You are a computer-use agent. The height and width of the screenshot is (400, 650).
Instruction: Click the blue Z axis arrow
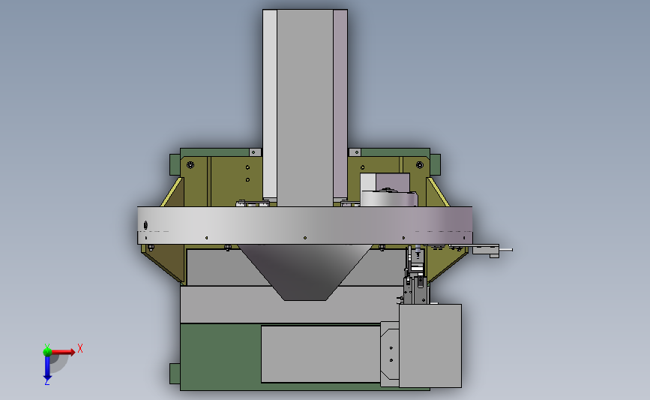coord(47,368)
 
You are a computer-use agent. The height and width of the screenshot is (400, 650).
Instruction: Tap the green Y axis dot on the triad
coord(47,350)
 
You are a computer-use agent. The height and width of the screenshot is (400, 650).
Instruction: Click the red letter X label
coord(79,348)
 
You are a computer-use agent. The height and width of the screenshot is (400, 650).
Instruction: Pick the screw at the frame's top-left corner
coord(190,164)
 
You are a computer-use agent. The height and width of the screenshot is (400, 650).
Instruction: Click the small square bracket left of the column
coord(254,152)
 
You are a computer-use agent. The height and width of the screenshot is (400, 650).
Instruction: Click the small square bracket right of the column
coord(355,152)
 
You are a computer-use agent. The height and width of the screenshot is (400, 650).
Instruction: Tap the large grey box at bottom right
coord(430,345)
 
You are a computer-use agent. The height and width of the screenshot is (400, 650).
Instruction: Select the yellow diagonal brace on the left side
coord(173,191)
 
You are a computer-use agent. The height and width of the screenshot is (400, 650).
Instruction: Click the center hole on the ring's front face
coord(305,238)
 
